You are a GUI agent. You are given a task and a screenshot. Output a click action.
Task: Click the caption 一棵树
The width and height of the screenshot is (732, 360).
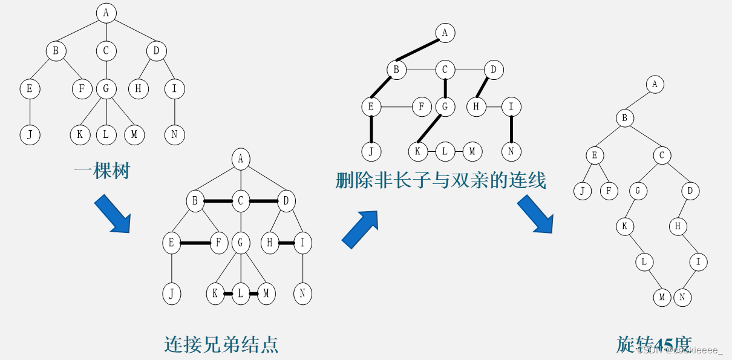point(102,171)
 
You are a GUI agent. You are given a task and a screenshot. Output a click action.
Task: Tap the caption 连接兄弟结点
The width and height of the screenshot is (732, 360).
point(221,344)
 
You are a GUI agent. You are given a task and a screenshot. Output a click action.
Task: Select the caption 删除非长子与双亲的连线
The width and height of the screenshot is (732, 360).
point(441,180)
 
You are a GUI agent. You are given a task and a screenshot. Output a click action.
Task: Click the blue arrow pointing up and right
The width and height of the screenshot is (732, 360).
point(361,229)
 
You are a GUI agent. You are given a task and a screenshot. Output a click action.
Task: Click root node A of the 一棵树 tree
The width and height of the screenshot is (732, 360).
point(106,12)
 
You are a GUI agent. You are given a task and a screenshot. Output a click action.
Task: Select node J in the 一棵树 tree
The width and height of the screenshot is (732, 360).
point(29,134)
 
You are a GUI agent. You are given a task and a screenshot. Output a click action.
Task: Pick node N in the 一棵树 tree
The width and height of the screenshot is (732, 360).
point(174,134)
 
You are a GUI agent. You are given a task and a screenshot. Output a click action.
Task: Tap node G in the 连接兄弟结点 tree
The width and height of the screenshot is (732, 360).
point(241,243)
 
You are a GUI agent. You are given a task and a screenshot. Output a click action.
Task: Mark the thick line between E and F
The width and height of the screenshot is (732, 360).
point(195,243)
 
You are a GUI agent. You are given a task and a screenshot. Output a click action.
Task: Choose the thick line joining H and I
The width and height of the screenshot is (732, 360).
point(286,243)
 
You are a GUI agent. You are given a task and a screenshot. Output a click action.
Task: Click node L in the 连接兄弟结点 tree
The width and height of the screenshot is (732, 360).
point(241,295)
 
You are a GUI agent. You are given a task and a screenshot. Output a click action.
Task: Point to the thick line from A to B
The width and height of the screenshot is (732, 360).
point(420,51)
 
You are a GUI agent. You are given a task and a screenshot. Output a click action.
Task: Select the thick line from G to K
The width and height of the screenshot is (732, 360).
point(431,129)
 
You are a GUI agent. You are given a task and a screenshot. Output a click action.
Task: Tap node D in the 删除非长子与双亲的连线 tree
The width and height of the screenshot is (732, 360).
point(493,70)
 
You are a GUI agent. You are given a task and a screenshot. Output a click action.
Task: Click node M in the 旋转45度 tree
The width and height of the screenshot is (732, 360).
point(662,297)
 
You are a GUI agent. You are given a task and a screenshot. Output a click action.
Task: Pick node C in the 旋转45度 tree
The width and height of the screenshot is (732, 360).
point(662,155)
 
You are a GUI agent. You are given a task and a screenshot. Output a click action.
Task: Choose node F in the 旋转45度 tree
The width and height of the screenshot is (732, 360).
point(609,191)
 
